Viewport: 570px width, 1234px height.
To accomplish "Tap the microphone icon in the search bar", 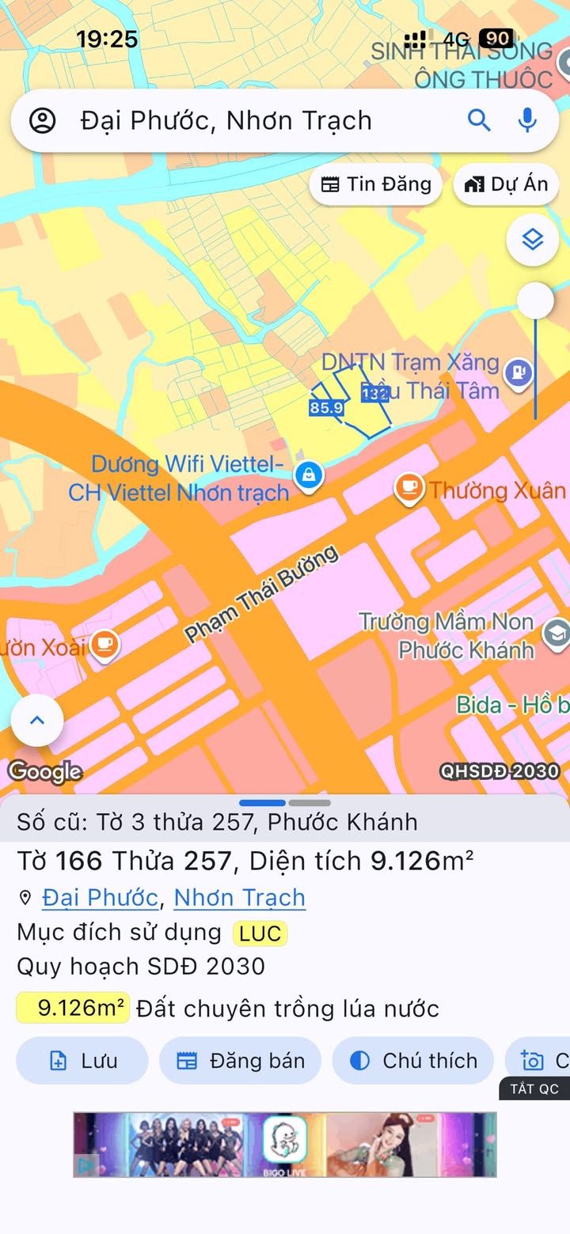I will pyautogui.click(x=527, y=120).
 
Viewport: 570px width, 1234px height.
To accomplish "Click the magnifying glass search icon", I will pyautogui.click(x=479, y=120).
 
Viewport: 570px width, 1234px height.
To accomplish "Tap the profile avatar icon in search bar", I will pyautogui.click(x=42, y=121).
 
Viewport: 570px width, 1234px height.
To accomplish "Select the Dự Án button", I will pyautogui.click(x=507, y=184).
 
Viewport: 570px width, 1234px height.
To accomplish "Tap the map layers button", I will pyautogui.click(x=533, y=239).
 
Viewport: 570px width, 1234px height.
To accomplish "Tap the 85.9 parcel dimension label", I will pyautogui.click(x=326, y=408).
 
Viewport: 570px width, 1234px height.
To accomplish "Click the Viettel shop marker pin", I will pyautogui.click(x=307, y=475).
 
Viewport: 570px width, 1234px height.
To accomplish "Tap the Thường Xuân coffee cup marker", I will pyautogui.click(x=409, y=486).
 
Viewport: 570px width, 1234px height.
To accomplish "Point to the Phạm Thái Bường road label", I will pyautogui.click(x=261, y=593).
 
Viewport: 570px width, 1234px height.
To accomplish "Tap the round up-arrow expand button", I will pyautogui.click(x=36, y=720).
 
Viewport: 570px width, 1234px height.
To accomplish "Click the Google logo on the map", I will pyautogui.click(x=44, y=771).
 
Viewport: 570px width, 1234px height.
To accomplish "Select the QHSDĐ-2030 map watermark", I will pyautogui.click(x=500, y=771).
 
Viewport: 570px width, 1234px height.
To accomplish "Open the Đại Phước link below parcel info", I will pyautogui.click(x=100, y=898).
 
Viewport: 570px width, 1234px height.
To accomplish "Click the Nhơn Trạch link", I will pyautogui.click(x=239, y=898).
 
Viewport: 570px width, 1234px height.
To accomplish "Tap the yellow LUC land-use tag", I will pyautogui.click(x=260, y=933).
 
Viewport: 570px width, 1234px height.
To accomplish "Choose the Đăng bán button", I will pyautogui.click(x=241, y=1061).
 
